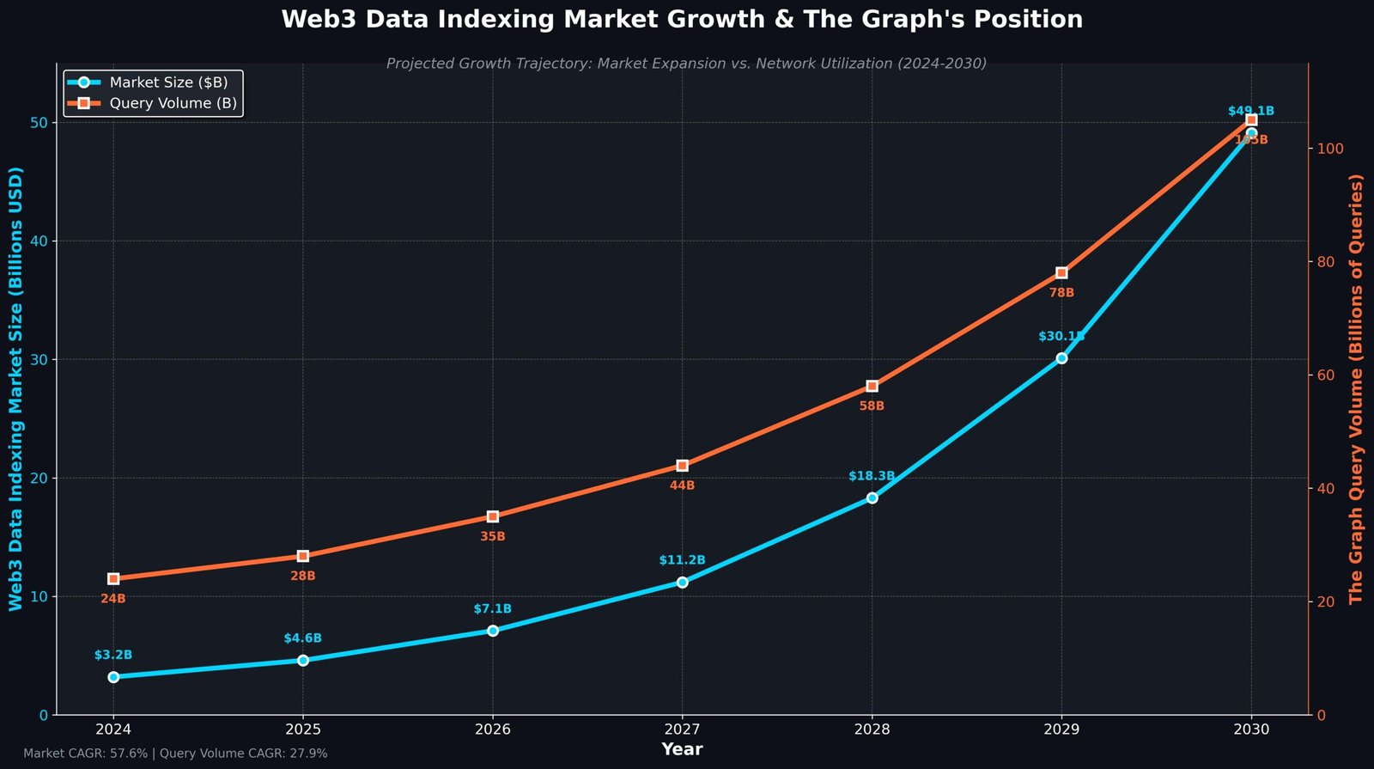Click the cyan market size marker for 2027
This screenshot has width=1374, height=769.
point(682,582)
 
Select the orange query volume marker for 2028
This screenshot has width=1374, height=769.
point(872,386)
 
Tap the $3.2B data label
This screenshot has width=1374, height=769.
point(113,655)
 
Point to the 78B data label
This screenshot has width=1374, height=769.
point(1061,293)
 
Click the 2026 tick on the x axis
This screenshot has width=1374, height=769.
point(492,729)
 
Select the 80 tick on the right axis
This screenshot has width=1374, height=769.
point(1327,262)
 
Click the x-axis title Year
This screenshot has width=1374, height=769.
point(682,749)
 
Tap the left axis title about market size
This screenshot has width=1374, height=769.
point(16,388)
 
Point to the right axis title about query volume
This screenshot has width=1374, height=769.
point(1356,388)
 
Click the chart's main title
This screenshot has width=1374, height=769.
point(682,19)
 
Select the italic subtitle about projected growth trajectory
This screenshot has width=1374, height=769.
point(686,64)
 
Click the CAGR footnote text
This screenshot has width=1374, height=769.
point(175,754)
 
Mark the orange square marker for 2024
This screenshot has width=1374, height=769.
point(113,578)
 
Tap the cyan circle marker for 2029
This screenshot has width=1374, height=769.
point(1061,357)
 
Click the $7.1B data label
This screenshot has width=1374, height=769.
point(492,609)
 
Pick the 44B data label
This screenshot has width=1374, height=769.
point(682,485)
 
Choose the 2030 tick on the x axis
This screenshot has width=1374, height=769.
point(1251,729)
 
